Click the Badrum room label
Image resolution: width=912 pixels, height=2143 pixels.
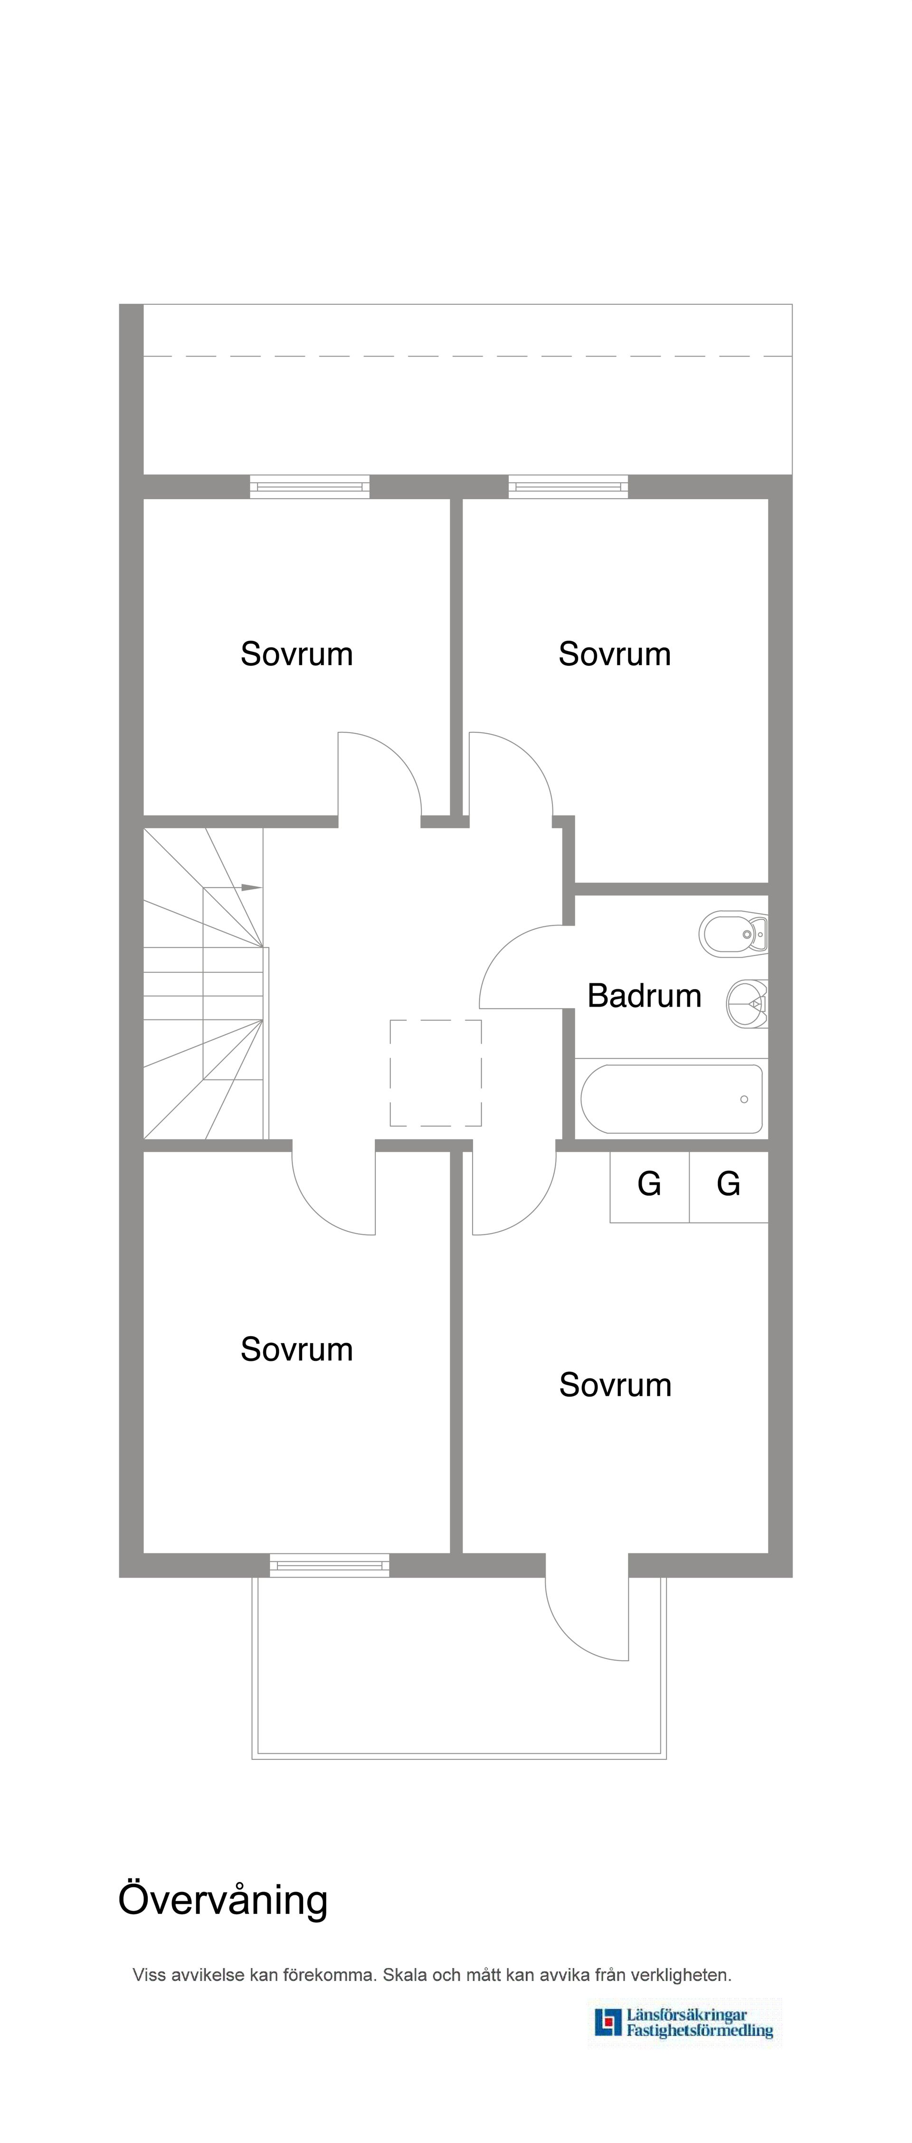pos(644,996)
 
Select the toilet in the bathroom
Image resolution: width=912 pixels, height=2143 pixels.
pos(733,934)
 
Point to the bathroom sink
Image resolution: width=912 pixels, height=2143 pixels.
pos(747,1003)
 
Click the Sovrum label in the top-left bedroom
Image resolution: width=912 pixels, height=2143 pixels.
pos(297,654)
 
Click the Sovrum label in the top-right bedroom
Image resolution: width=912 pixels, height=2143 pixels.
pos(614,654)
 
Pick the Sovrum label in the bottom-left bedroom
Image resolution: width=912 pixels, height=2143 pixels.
pos(297,1348)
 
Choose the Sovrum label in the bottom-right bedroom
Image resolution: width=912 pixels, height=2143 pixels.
pos(615,1384)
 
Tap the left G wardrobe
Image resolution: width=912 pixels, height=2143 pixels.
pos(649,1186)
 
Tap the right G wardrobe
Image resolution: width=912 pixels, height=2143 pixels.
pos(728,1186)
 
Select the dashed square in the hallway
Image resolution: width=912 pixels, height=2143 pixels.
pos(436,1072)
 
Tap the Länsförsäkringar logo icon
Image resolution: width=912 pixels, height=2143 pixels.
pos(608,2022)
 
